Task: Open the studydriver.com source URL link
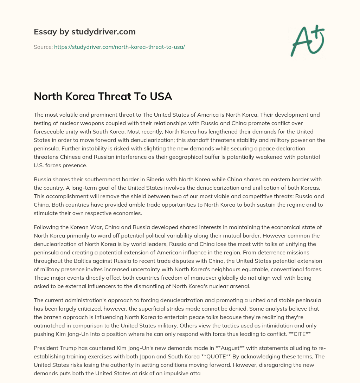pos(119,47)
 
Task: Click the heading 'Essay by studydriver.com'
pos(84,32)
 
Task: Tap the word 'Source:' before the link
pos(43,47)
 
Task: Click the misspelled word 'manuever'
pos(187,278)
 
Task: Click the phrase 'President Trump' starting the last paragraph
pos(53,348)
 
